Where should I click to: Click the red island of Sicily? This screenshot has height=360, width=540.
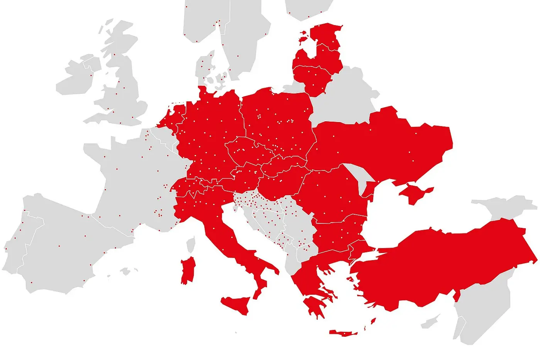click(x=236, y=304)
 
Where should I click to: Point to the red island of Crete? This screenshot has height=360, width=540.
click(x=344, y=333)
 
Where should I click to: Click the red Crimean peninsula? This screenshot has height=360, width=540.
click(x=415, y=192)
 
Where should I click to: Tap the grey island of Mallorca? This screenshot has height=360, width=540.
click(x=125, y=271)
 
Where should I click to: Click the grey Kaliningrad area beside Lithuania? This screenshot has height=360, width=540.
click(x=293, y=88)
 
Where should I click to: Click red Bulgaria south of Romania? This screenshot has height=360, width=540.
click(x=340, y=234)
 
